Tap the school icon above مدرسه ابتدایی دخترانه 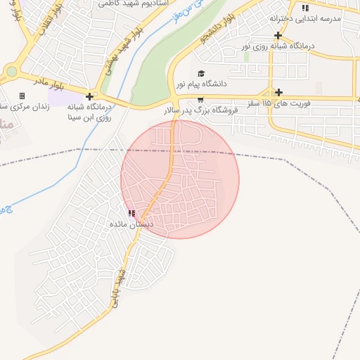pyautogui.click(x=304, y=8)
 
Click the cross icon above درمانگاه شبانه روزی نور pyautogui.click(x=278, y=35)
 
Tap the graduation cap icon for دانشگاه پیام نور pyautogui.click(x=200, y=73)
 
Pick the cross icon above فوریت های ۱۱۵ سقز pyautogui.click(x=279, y=92)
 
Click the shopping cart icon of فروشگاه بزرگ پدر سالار pyautogui.click(x=201, y=99)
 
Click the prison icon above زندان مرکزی pyautogui.click(x=22, y=96)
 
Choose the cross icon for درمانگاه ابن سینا pyautogui.click(x=89, y=96)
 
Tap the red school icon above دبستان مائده pyautogui.click(x=131, y=213)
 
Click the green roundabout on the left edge pyautogui.click(x=11, y=70)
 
